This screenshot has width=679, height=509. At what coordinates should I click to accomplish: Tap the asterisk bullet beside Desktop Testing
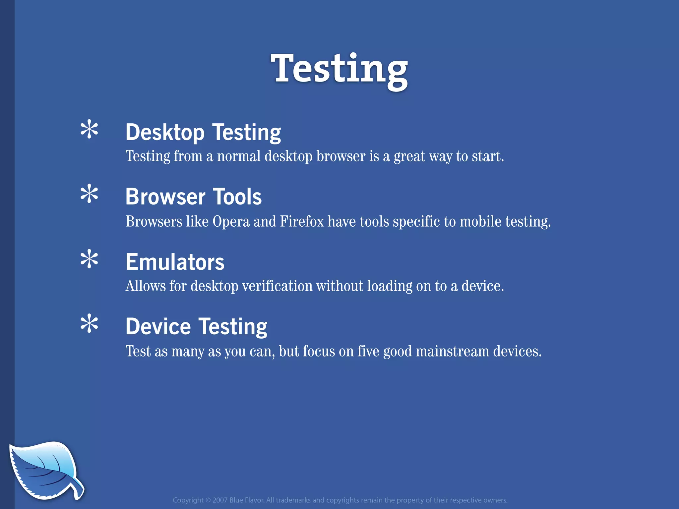click(89, 130)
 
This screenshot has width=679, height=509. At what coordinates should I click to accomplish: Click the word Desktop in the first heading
click(165, 133)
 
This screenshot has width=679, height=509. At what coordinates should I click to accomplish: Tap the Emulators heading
click(175, 262)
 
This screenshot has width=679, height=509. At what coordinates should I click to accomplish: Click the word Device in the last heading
click(158, 327)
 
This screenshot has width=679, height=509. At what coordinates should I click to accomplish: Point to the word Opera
click(231, 222)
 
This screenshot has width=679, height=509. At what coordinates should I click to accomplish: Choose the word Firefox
click(302, 221)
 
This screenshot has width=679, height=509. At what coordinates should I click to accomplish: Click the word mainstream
click(452, 351)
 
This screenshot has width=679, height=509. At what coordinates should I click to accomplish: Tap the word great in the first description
click(409, 156)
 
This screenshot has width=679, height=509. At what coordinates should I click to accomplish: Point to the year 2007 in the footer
click(220, 500)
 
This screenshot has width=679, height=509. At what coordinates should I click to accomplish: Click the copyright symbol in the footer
click(208, 500)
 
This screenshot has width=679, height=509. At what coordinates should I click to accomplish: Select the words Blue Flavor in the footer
click(246, 500)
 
